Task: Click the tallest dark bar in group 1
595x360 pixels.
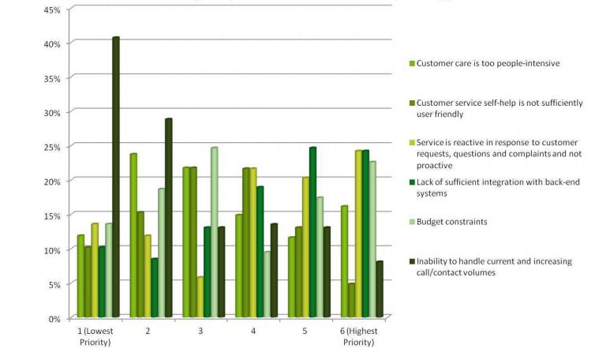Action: (x=115, y=177)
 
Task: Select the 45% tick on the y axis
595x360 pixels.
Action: (x=53, y=9)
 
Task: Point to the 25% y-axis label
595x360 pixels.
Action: (x=53, y=147)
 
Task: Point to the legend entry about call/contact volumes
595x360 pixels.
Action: (x=494, y=266)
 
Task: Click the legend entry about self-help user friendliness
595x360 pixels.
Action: (x=499, y=108)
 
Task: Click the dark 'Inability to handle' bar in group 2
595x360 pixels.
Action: (x=168, y=218)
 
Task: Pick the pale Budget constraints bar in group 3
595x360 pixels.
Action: (x=213, y=232)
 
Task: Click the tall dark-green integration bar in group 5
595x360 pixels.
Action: (x=312, y=232)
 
